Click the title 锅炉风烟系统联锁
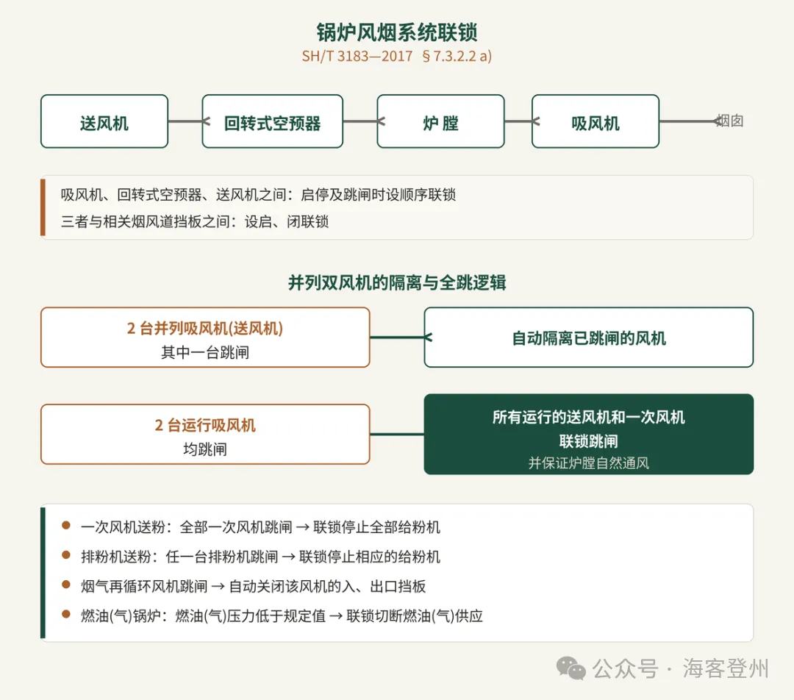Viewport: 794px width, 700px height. (397, 32)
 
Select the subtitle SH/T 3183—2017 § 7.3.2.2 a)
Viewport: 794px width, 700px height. (397, 56)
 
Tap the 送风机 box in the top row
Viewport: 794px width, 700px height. (104, 121)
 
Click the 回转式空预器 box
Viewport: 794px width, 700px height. (273, 121)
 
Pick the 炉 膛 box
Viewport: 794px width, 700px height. (440, 121)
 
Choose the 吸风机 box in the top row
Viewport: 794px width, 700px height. (595, 121)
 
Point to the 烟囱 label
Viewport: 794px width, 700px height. (730, 121)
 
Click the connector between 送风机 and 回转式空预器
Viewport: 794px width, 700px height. (185, 121)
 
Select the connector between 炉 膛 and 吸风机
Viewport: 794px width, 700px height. (518, 121)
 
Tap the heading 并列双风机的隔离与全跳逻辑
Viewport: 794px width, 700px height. (397, 282)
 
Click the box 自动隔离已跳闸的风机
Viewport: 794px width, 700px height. (588, 337)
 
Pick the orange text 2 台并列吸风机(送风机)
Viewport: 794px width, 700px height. (205, 328)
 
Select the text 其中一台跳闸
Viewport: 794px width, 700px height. (205, 352)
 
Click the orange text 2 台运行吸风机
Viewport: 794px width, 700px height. (205, 425)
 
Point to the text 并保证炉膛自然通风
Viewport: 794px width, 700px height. (588, 463)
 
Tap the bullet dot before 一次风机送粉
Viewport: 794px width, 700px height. (66, 525)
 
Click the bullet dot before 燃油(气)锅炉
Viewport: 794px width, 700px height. (66, 615)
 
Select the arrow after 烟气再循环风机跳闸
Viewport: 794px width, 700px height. (218, 587)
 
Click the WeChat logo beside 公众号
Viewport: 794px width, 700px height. (571, 668)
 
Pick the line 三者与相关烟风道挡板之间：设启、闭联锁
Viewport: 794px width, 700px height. (195, 221)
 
